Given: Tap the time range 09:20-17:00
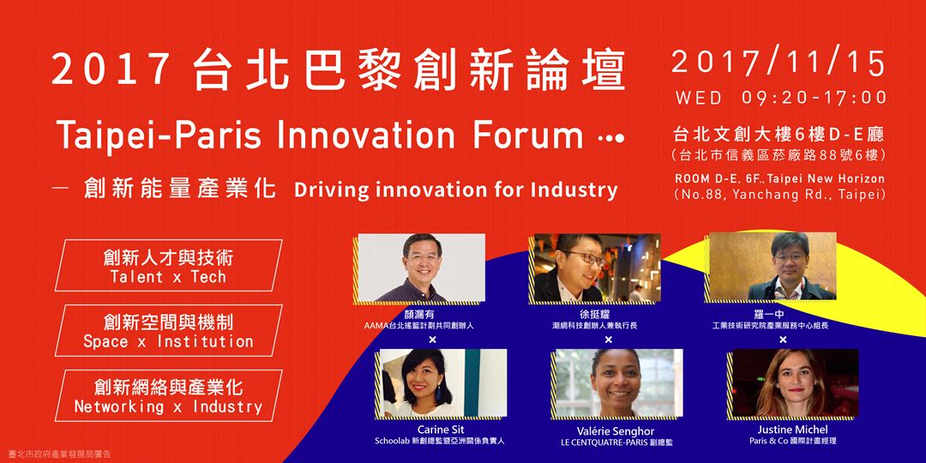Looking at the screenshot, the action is (x=815, y=98).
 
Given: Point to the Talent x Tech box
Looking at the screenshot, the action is (x=168, y=265).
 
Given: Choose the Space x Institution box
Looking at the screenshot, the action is (x=168, y=330).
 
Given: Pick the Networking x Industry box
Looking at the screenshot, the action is (x=168, y=395).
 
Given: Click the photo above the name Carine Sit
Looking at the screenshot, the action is (x=443, y=383).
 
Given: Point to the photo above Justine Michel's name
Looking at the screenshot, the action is (x=795, y=383).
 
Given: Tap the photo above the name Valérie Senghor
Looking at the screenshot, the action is (x=619, y=383).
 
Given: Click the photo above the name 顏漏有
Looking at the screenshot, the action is (x=421, y=268).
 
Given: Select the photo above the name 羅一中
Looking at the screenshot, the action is (x=773, y=267).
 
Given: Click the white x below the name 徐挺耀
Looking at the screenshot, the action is (x=608, y=340).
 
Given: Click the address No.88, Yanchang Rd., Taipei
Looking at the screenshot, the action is (x=779, y=195).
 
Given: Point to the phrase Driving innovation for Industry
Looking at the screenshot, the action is (x=454, y=190).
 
